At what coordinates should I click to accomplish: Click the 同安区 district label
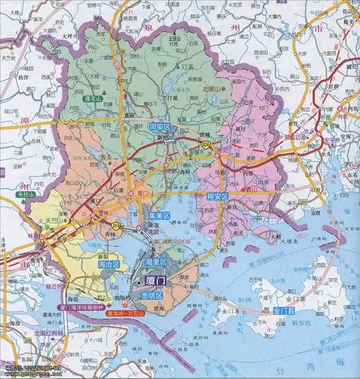(x=158, y=126)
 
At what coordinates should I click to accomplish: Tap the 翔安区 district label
(x=217, y=196)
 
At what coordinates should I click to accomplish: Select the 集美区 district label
(x=159, y=215)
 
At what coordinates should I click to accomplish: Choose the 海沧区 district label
(x=109, y=265)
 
